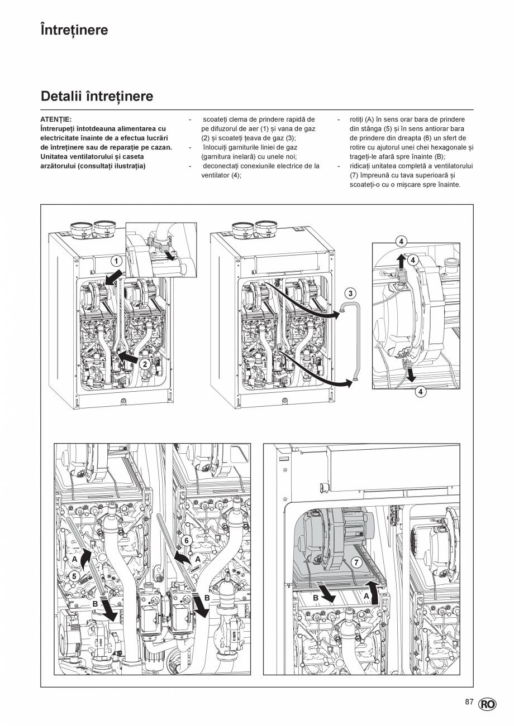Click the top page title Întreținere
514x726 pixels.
tap(74, 30)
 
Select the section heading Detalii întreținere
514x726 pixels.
tap(97, 97)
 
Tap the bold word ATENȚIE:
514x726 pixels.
tap(56, 119)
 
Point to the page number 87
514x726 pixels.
tap(469, 702)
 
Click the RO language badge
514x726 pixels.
tap(487, 704)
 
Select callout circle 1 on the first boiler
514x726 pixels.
tap(116, 261)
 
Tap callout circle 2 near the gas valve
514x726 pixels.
tap(144, 364)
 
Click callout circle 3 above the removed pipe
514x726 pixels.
tap(350, 293)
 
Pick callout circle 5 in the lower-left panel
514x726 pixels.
tap(74, 575)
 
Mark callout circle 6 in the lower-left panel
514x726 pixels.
tap(187, 540)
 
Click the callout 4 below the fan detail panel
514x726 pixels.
tap(420, 392)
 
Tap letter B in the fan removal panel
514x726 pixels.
tap(315, 597)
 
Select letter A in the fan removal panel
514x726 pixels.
tap(367, 595)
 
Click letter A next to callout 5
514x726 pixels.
tap(74, 559)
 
